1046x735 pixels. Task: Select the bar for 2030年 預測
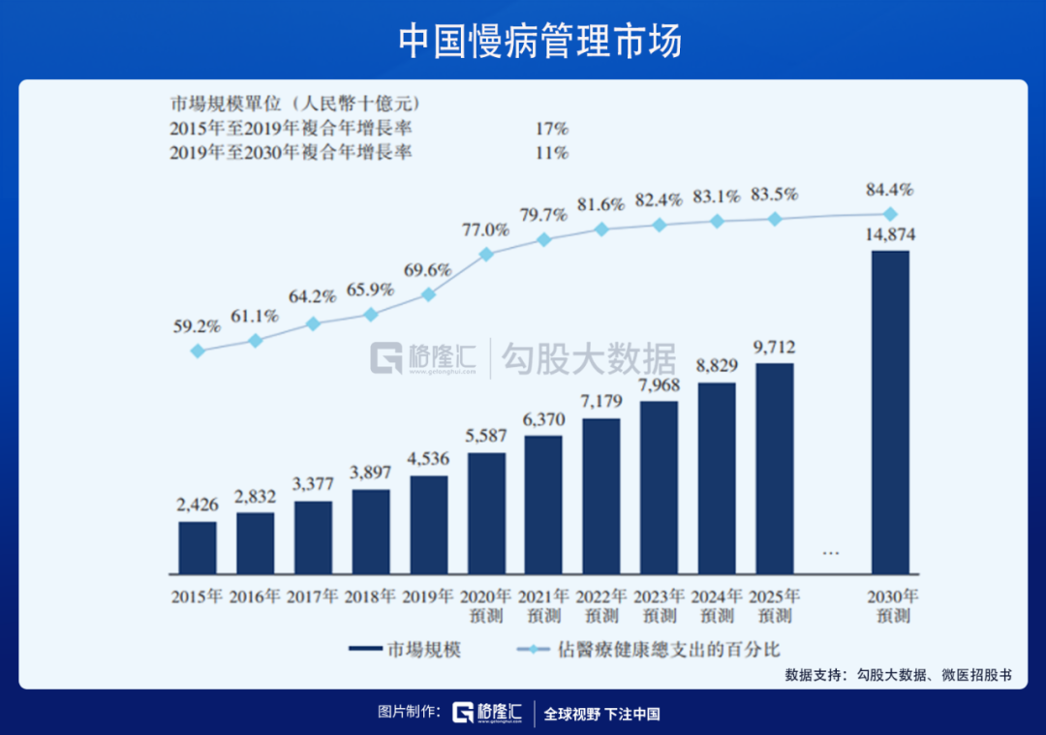[x=890, y=412]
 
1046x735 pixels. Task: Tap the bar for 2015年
[x=198, y=547]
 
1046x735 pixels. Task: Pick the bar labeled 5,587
[x=486, y=512]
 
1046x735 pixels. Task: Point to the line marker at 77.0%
[x=486, y=254]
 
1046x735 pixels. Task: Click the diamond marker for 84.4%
[x=890, y=214]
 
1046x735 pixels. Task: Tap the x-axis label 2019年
[x=429, y=597]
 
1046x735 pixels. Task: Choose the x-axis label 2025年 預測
[x=774, y=605]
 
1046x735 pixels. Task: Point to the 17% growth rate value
[x=552, y=128]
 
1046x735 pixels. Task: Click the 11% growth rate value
[x=552, y=152]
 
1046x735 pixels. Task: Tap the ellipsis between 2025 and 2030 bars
[x=830, y=552]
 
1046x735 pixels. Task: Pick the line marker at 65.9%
[x=371, y=315]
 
